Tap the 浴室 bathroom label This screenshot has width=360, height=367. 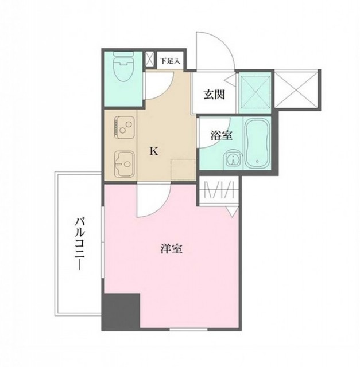coord(221,136)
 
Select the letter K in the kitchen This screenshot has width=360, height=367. coord(153,151)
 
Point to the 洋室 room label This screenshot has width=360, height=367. coord(172,250)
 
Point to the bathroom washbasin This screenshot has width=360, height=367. coord(231,159)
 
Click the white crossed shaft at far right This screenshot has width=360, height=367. coord(297,89)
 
